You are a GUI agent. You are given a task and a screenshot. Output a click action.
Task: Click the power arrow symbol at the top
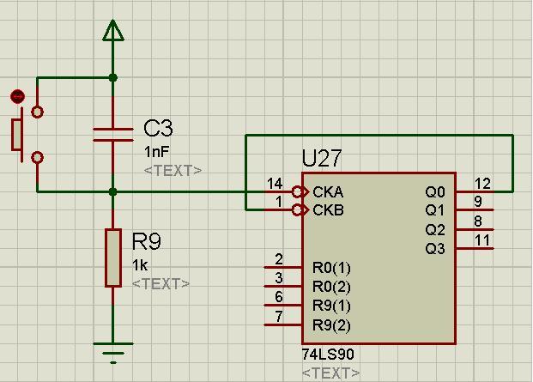[x=112, y=31]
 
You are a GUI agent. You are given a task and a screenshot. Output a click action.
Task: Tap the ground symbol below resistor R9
[x=113, y=353]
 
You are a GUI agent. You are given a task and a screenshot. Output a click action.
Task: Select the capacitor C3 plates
[x=112, y=135]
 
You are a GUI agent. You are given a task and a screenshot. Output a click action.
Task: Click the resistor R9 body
[x=113, y=258]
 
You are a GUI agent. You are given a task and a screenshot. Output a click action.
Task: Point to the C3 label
[x=158, y=128]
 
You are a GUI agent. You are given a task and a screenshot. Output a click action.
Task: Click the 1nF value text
[x=156, y=152]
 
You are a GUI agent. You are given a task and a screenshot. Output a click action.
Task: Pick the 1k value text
[x=140, y=265]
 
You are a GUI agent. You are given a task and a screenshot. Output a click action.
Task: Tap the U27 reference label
[x=321, y=158]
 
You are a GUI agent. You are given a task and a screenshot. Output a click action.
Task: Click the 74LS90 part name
[x=328, y=355]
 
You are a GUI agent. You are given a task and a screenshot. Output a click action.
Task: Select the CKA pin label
[x=328, y=192]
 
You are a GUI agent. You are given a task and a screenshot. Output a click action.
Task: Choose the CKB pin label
[x=328, y=210]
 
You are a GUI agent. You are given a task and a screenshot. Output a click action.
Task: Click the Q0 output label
[x=435, y=192]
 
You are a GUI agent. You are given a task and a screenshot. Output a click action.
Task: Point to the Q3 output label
[x=435, y=249]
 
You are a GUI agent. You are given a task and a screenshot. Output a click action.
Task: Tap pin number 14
[x=275, y=184]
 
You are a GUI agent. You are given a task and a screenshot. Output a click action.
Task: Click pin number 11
[x=482, y=240]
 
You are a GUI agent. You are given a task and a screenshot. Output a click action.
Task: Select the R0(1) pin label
[x=331, y=268]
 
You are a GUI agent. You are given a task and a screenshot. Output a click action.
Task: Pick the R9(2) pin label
[x=331, y=325]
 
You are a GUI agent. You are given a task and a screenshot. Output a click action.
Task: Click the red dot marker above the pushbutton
[x=18, y=96]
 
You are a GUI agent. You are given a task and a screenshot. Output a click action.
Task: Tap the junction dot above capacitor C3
[x=113, y=78]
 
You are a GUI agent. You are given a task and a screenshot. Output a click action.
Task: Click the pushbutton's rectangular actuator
[x=16, y=135]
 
